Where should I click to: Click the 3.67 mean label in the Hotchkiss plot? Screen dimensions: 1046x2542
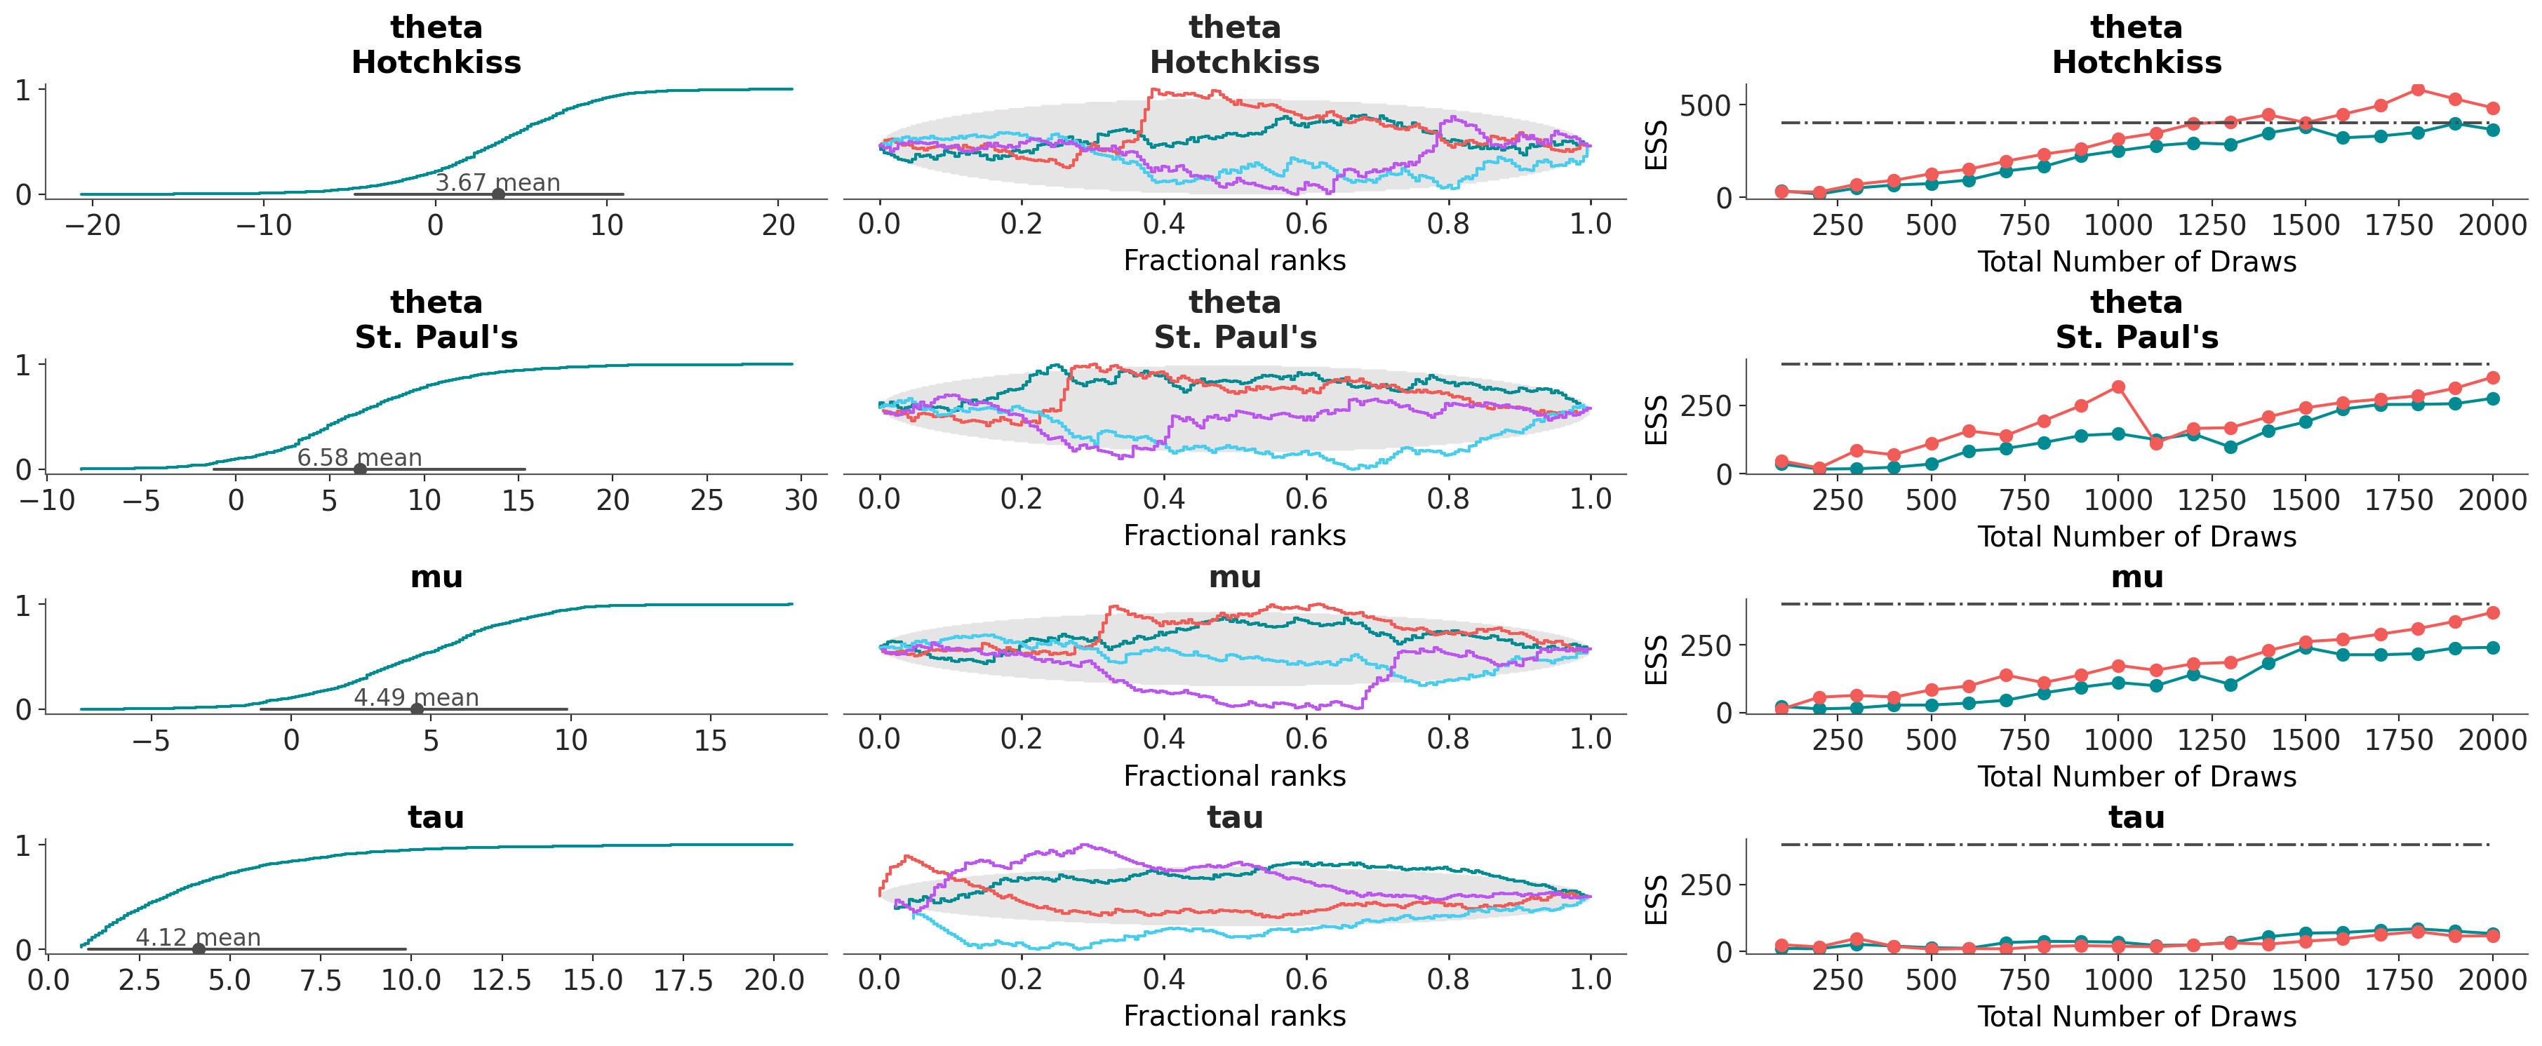point(497,182)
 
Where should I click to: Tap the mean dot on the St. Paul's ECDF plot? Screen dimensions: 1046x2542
point(360,469)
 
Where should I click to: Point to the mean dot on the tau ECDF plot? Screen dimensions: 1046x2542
point(199,949)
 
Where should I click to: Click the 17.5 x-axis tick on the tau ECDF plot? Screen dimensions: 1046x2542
point(683,980)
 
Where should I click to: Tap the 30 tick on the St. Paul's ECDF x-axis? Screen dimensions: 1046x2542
point(801,500)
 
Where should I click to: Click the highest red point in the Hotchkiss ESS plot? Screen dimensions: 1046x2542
point(2418,90)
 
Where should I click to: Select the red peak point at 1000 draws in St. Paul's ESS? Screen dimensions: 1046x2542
point(2118,387)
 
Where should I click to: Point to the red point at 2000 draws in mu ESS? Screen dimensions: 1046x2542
point(2493,613)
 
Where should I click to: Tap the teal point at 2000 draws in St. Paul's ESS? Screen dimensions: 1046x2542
point(2493,398)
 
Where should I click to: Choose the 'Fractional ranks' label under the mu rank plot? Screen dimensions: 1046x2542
point(1234,776)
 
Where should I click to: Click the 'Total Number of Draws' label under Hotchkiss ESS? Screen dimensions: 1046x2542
point(2136,262)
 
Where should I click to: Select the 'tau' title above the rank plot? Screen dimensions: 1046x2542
point(1234,817)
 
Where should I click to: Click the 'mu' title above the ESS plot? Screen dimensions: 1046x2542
point(2136,577)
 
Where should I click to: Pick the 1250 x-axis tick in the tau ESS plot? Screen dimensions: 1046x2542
point(2212,980)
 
